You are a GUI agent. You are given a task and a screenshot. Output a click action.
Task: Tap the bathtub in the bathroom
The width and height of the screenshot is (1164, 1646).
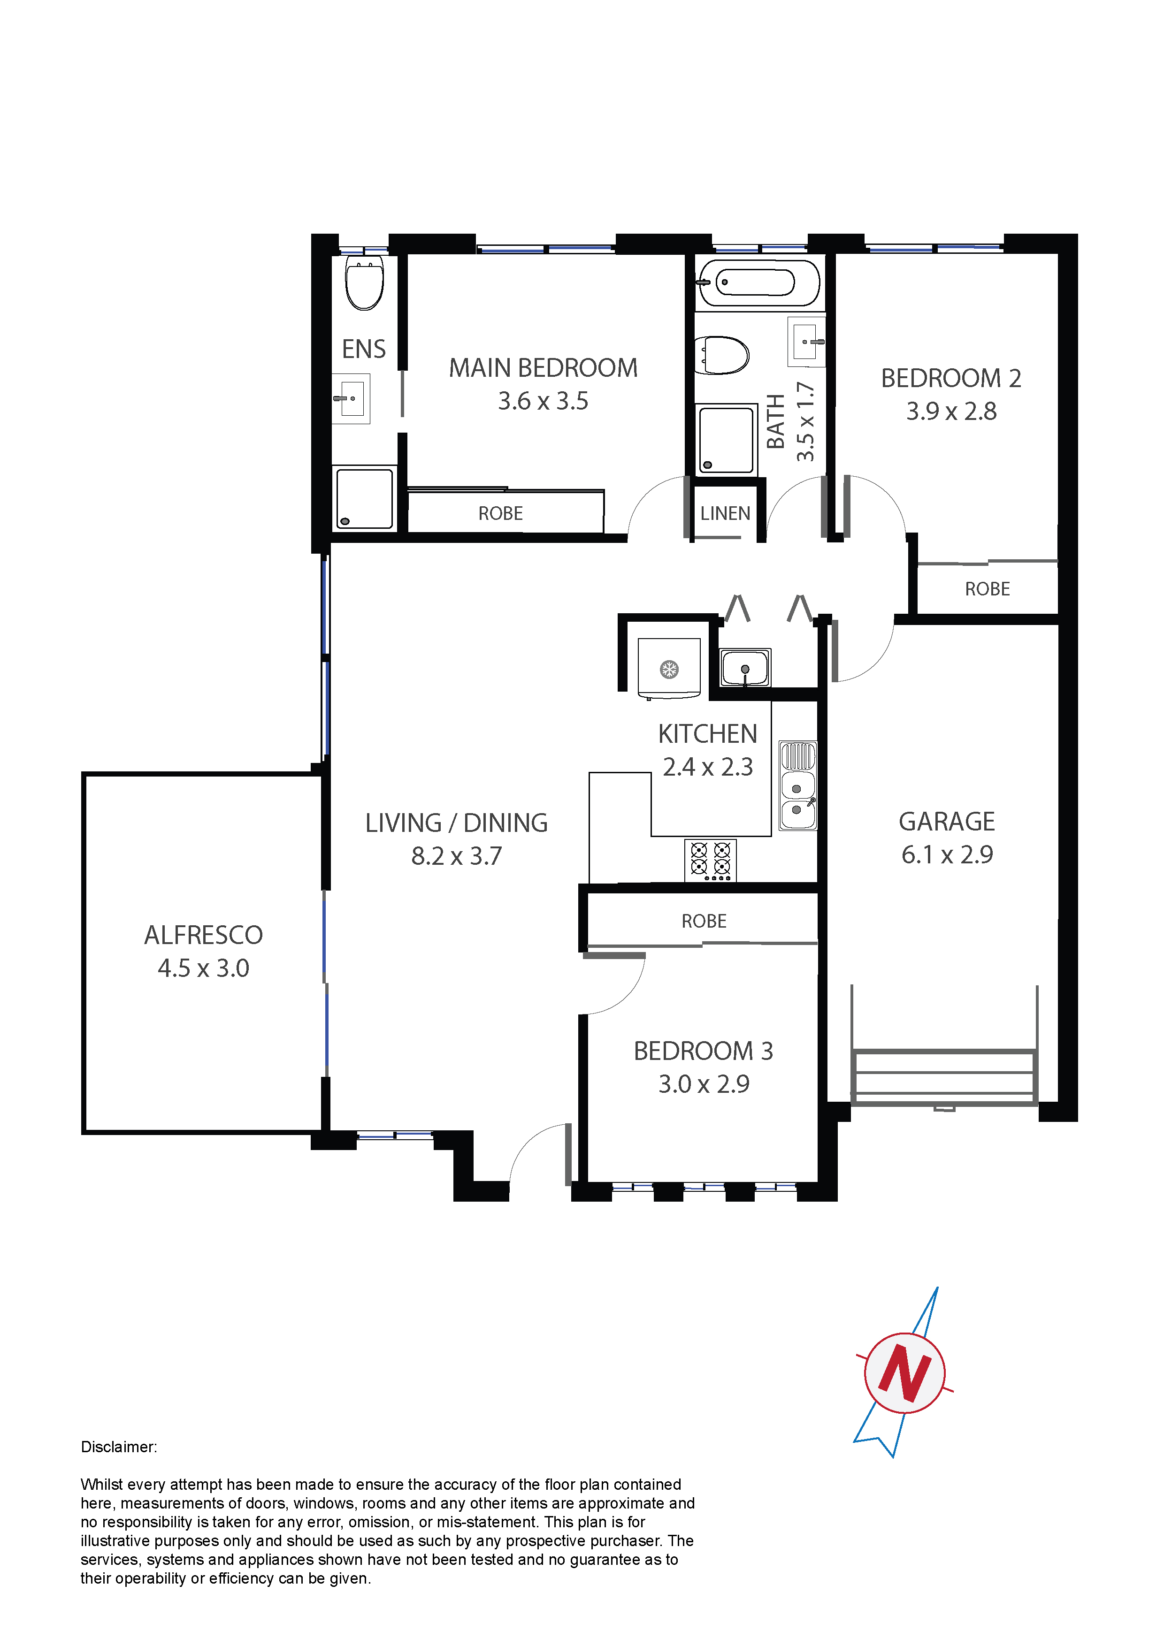[758, 282]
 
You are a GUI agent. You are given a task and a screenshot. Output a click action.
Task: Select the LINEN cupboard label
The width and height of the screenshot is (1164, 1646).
[725, 513]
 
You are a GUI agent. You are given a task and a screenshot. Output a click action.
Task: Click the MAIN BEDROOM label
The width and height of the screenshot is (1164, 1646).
[543, 368]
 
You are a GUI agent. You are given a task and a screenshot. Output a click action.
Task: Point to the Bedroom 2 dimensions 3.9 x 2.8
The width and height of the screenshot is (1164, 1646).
[951, 411]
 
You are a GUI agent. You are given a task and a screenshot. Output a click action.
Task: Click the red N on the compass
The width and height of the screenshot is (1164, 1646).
[904, 1373]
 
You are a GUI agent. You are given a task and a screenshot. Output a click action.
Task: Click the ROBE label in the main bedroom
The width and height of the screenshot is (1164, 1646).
[501, 513]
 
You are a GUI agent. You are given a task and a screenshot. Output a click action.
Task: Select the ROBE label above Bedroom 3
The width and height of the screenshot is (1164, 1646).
[704, 921]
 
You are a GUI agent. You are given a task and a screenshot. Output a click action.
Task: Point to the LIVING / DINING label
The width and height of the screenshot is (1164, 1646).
[456, 823]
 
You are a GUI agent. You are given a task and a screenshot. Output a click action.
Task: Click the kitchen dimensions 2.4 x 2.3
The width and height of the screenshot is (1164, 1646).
[708, 767]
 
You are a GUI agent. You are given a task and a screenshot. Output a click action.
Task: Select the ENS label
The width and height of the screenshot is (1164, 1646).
[364, 349]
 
